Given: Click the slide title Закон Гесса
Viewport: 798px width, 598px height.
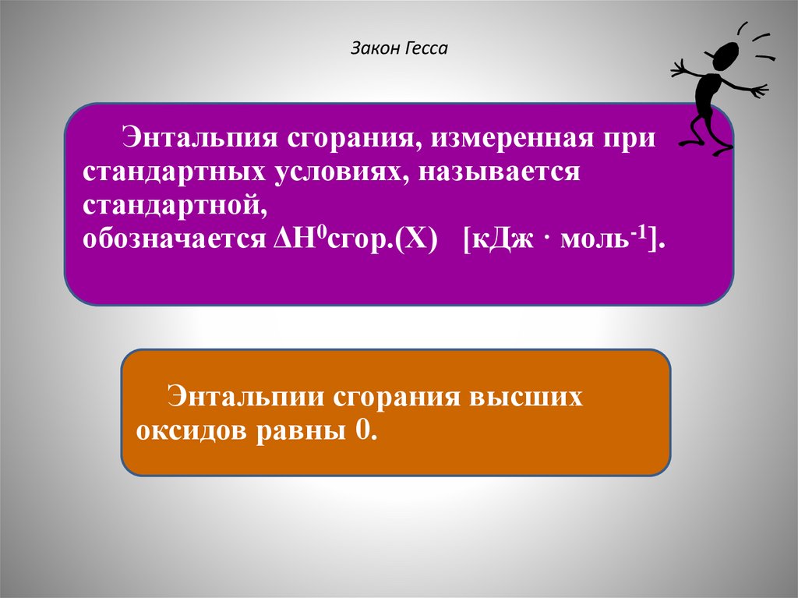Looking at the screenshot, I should point(399,50).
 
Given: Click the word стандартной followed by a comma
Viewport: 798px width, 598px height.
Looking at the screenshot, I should point(171,204).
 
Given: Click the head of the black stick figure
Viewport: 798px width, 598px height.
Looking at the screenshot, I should point(726,56).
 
